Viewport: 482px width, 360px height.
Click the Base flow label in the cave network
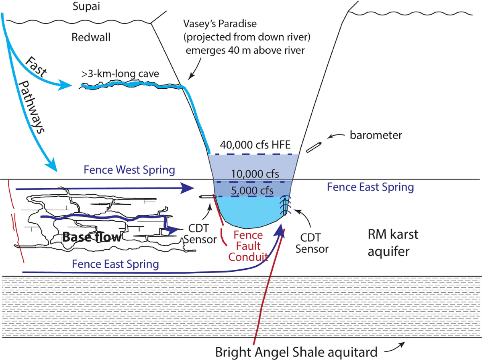click(x=92, y=237)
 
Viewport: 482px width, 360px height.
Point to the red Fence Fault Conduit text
click(x=248, y=246)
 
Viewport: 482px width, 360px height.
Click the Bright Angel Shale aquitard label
click(x=296, y=352)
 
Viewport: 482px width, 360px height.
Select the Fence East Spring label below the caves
click(x=116, y=264)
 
